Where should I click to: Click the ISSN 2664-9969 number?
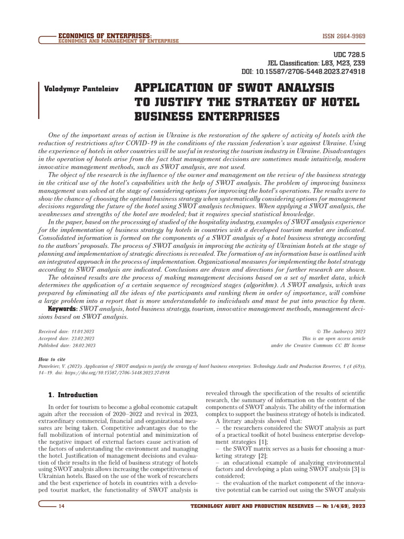click(x=344, y=36)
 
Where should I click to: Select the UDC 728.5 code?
click(x=349, y=54)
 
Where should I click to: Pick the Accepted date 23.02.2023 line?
click(x=67, y=338)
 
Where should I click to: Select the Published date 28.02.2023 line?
click(x=67, y=346)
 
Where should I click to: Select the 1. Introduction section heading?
click(x=73, y=395)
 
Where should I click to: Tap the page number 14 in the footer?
click(x=62, y=506)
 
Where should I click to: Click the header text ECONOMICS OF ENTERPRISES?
click(x=105, y=35)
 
